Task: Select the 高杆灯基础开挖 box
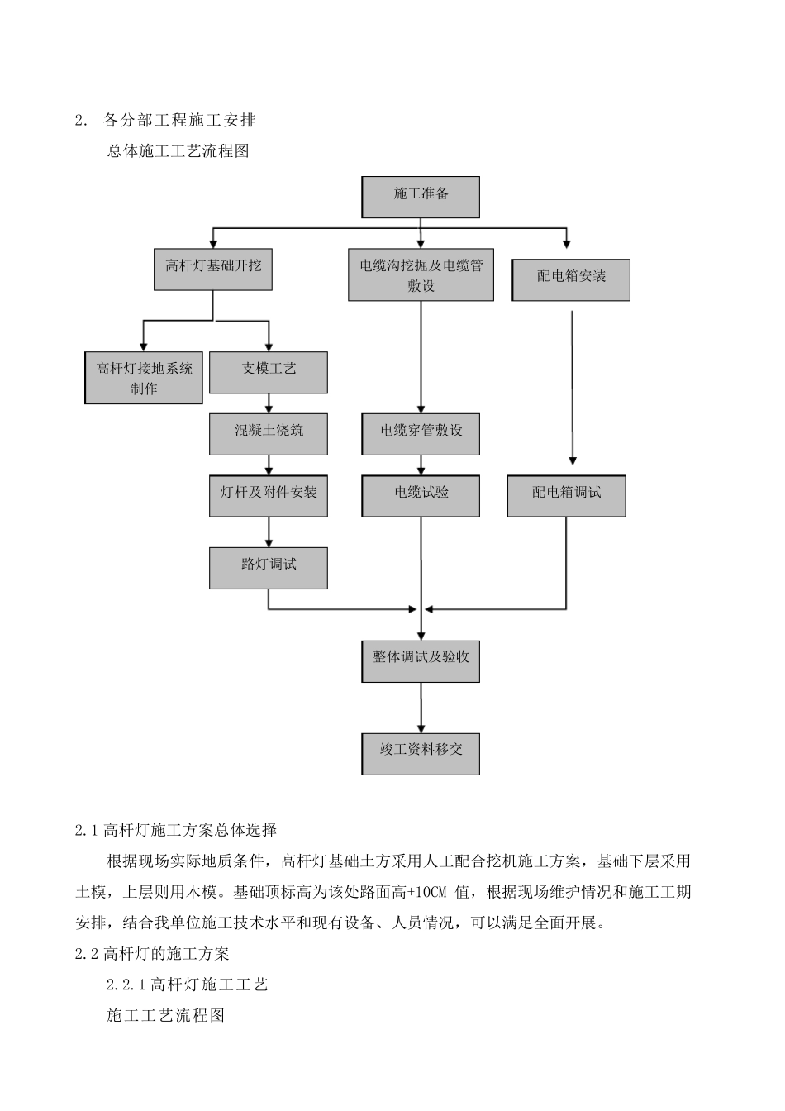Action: coord(213,268)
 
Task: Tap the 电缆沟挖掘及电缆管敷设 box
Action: coord(421,276)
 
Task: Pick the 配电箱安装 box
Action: coord(571,279)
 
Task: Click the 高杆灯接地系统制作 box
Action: coord(144,378)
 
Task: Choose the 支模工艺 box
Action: coord(269,372)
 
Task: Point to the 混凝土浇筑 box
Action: coord(269,434)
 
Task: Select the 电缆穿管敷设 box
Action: coord(421,434)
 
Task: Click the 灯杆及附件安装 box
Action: coord(269,496)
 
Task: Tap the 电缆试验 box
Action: coord(421,496)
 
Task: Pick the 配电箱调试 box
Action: coord(566,496)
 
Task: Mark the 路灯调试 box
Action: coord(269,568)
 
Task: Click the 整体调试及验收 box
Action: coord(421,660)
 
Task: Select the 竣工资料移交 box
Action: coord(421,753)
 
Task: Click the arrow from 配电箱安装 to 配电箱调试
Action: coord(572,389)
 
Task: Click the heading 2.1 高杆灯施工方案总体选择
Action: coord(176,830)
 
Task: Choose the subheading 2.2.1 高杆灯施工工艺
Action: coord(188,985)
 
